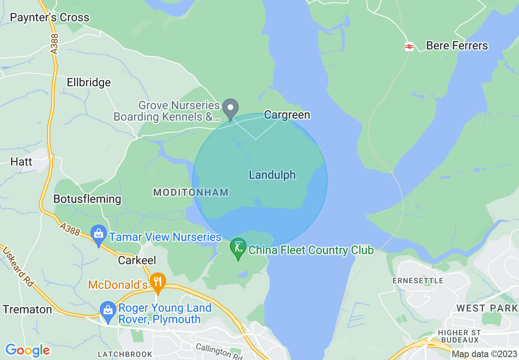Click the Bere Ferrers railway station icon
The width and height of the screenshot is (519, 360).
409,46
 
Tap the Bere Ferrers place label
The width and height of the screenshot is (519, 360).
457,45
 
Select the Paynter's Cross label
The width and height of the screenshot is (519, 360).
50,18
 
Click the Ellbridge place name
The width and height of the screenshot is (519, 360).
89,83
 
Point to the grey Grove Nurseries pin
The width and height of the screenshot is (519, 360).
230,108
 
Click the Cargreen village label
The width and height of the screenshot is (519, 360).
287,115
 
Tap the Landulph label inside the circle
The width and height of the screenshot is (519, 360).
272,175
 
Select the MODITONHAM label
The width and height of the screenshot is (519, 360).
191,192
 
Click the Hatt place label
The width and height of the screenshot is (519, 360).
21,162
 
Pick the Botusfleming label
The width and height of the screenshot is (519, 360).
87,199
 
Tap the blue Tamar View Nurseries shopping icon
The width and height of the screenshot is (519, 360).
98,235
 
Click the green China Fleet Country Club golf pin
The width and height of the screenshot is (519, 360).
238,248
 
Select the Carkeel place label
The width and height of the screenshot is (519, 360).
137,260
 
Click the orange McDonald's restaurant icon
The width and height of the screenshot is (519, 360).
158,282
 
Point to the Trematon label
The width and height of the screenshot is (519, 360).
27,310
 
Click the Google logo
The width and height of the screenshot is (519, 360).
27,350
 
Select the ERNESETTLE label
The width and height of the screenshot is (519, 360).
417,281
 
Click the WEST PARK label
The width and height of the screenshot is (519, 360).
487,308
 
